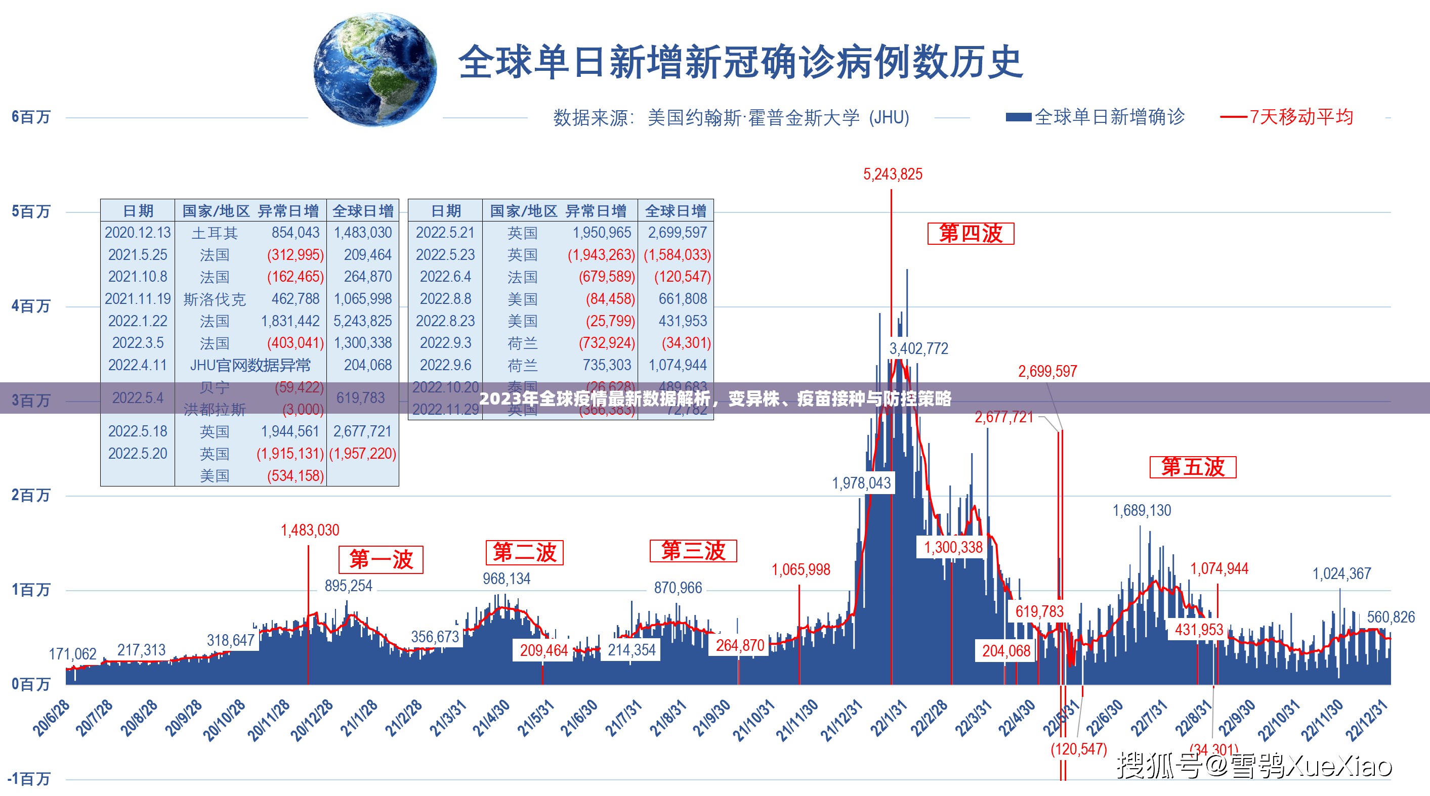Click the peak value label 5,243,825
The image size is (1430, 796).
click(892, 174)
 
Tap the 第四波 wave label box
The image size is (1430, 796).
click(971, 234)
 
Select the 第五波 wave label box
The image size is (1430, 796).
click(1192, 467)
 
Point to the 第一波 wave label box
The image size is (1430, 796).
click(381, 559)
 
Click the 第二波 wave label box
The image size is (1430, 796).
click(524, 552)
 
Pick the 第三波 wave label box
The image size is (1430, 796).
click(693, 551)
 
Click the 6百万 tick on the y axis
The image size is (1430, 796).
click(31, 117)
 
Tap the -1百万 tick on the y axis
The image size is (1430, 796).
click(29, 779)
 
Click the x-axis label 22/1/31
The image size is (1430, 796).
click(889, 718)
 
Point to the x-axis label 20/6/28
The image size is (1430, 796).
click(52, 718)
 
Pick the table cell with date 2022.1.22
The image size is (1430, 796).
click(137, 321)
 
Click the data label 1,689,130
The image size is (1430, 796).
click(1142, 510)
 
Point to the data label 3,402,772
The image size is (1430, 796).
click(919, 348)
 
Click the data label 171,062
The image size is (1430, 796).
click(72, 654)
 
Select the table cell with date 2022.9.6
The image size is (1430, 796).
click(445, 365)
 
